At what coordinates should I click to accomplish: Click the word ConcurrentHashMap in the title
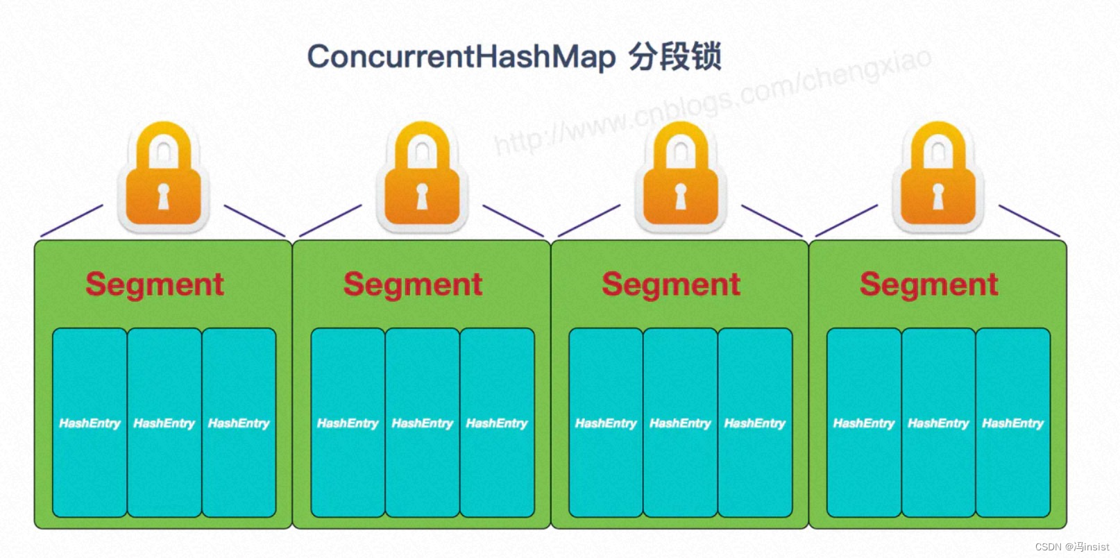tap(461, 56)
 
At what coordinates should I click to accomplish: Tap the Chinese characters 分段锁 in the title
tap(674, 56)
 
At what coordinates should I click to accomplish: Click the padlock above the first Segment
tap(163, 176)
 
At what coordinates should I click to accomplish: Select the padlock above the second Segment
tap(422, 176)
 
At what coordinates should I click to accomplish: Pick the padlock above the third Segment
tap(681, 176)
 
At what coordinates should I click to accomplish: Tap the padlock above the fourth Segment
tap(937, 176)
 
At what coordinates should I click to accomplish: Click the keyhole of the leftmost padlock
tap(163, 196)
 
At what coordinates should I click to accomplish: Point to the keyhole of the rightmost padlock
tap(937, 196)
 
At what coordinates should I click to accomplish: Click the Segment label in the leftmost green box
tap(155, 284)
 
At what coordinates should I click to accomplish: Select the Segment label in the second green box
tap(413, 284)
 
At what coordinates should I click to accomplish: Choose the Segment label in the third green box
tap(671, 284)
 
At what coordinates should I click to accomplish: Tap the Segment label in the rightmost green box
tap(929, 284)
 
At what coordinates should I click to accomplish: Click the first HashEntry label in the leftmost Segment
tap(90, 423)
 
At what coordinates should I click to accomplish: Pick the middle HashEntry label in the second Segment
tap(422, 423)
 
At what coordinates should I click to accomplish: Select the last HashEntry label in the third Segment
tap(754, 423)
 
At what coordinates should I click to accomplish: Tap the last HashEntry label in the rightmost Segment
tap(1012, 423)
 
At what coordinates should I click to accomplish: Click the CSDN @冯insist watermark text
tap(1071, 547)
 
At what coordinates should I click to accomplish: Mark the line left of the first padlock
tap(71, 221)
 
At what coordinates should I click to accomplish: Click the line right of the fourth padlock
tap(1029, 221)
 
